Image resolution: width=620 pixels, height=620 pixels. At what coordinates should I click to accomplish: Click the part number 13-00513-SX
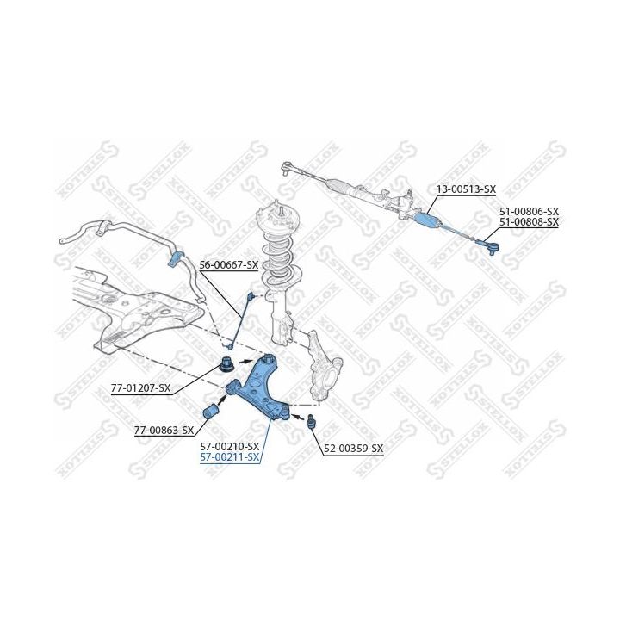point(466,189)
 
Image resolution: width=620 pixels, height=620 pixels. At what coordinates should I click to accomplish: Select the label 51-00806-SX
point(529,212)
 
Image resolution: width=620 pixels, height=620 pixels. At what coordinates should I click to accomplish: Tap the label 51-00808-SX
point(529,222)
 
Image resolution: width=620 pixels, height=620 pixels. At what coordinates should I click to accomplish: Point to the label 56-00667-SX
point(228,265)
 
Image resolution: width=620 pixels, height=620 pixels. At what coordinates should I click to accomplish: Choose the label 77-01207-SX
point(140,388)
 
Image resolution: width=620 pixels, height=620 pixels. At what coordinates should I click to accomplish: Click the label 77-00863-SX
point(164,431)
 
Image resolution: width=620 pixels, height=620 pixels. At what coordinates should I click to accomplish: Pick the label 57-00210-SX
point(230,446)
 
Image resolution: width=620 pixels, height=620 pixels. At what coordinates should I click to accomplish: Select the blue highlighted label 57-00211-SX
point(230,457)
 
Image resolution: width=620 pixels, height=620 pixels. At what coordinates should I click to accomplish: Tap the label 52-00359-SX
point(354,449)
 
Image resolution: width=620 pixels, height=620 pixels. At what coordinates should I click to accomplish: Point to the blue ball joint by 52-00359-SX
point(312,420)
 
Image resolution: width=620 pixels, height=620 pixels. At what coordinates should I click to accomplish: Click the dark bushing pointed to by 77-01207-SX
point(228,363)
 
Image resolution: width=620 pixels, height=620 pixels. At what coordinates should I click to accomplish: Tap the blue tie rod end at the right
point(489,246)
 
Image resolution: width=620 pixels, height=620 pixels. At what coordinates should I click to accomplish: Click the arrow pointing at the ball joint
point(299,417)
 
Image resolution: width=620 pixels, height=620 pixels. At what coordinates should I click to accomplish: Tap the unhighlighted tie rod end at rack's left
point(288,168)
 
